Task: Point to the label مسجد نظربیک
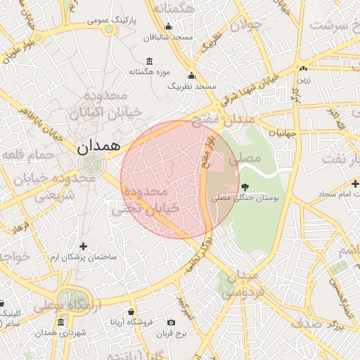[x=191, y=86]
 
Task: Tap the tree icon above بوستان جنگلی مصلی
[x=245, y=187]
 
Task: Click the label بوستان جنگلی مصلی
[x=245, y=200]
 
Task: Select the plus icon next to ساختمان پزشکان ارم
[x=84, y=246]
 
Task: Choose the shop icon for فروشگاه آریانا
[x=131, y=311]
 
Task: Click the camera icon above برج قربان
[x=171, y=323]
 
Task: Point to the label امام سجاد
[x=330, y=193]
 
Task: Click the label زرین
[x=303, y=79]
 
